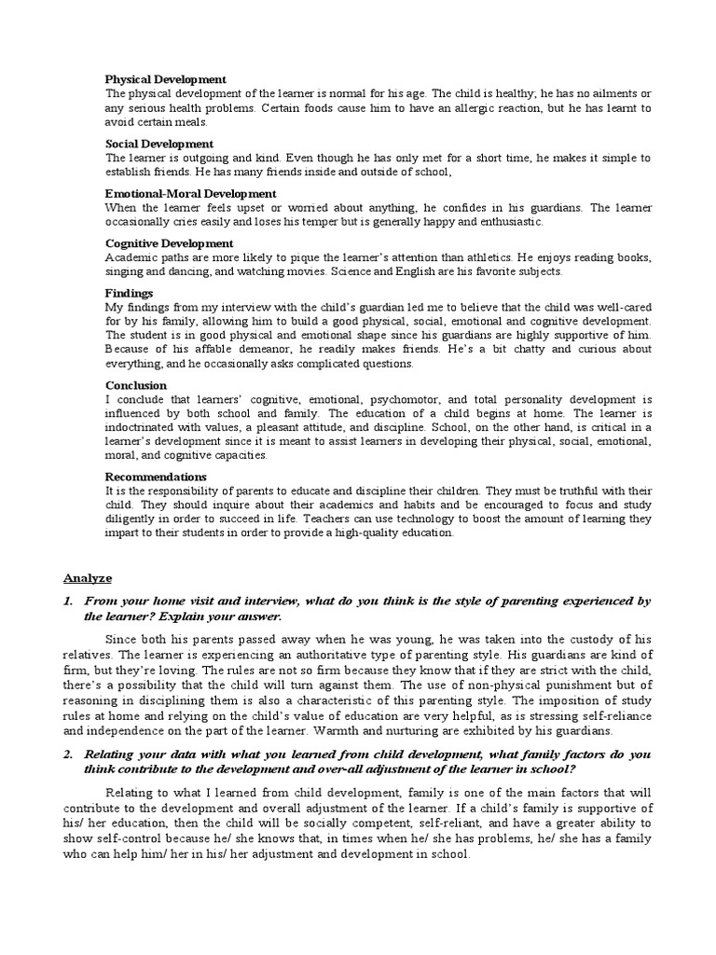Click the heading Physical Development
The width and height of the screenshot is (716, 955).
[x=165, y=79]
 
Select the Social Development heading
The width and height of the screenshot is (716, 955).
[x=158, y=144]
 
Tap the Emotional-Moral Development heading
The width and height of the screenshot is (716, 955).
[x=190, y=193]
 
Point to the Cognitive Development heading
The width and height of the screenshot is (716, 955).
[x=169, y=242]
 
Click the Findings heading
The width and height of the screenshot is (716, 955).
[x=130, y=293]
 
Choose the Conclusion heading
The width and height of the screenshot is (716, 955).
[x=136, y=385]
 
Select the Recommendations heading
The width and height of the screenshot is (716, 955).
[x=156, y=477]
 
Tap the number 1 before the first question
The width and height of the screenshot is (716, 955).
[x=68, y=602]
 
